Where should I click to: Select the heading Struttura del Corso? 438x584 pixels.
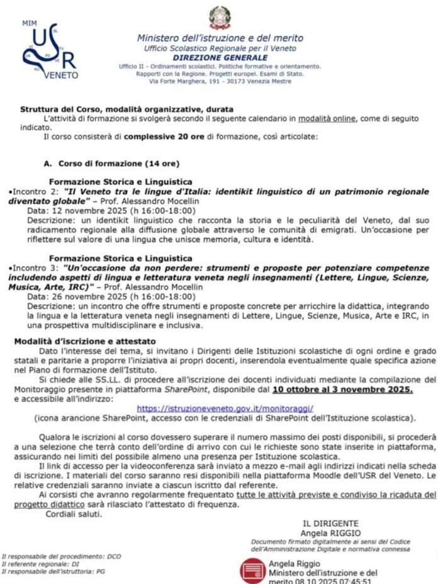(x=126, y=109)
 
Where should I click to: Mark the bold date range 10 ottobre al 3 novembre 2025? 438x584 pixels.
(x=342, y=390)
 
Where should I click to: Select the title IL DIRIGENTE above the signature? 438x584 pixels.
(x=330, y=524)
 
